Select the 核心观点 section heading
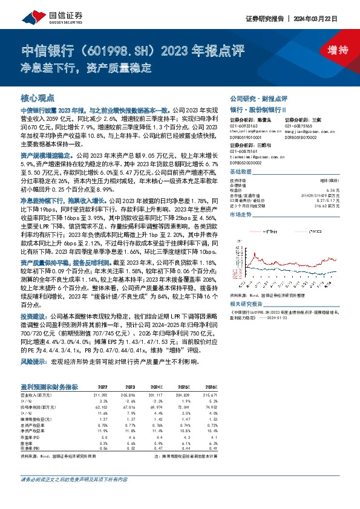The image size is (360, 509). [38, 97]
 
